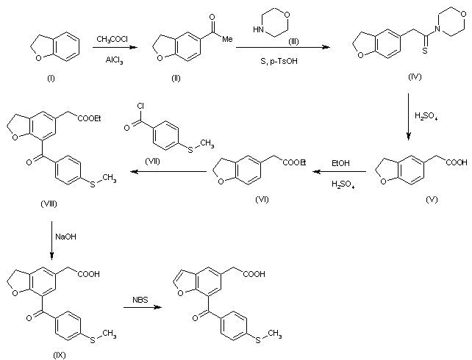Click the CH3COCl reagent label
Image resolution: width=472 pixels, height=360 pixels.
click(112, 40)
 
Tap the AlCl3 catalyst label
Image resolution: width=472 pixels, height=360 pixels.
click(114, 60)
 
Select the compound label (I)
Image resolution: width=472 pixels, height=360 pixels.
click(51, 79)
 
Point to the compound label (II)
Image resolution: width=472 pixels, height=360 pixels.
click(176, 79)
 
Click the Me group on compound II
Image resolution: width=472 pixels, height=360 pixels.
click(227, 39)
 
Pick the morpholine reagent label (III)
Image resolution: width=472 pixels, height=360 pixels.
click(293, 41)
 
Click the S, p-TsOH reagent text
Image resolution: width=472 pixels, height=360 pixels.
click(279, 61)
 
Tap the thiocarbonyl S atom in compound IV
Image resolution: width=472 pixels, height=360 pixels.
click(425, 50)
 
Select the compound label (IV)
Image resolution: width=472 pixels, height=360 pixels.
click(415, 76)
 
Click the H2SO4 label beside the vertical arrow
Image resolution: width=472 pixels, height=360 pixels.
click(426, 116)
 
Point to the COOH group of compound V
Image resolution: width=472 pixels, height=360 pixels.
click(457, 162)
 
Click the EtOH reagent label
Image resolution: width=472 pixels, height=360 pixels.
click(340, 163)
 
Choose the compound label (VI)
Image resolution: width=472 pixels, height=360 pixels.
click(262, 199)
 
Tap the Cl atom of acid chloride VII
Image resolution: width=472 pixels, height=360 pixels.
click(140, 106)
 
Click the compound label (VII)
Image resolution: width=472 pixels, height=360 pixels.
click(153, 162)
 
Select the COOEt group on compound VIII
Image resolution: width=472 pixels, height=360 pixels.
click(90, 118)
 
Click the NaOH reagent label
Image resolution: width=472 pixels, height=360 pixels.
click(65, 237)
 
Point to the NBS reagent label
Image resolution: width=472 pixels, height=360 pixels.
click(140, 300)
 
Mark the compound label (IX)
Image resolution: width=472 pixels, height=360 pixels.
click(60, 355)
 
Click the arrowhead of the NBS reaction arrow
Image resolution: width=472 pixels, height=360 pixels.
click(158, 307)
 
